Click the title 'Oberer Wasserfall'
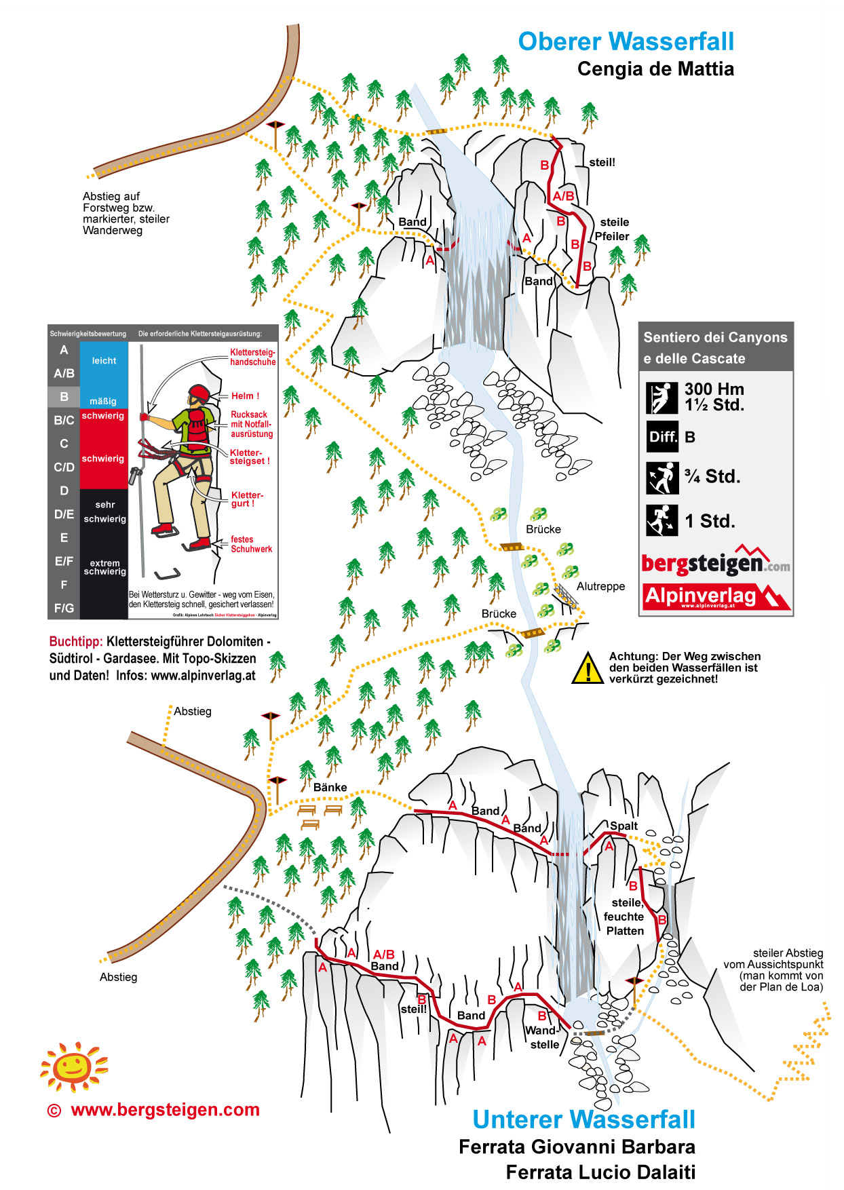coord(626,41)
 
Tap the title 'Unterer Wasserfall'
coord(583,1119)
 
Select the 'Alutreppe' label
coord(600,586)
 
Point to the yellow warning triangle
coord(588,669)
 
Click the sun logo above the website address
coord(73,1067)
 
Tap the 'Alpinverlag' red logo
coord(715,596)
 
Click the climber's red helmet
coord(199,393)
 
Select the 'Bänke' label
coord(330,787)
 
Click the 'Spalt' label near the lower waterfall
coord(624,826)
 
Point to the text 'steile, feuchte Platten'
coord(624,917)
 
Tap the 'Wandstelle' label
coord(543,1037)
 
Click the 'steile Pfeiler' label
coord(613,229)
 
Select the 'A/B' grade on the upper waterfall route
coord(563,196)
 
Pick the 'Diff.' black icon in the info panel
coord(661,437)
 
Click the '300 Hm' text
coord(714,389)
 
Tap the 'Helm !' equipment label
coord(245,396)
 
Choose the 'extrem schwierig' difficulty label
coord(104,567)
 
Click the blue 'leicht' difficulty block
coord(104,366)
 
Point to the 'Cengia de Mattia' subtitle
coord(655,69)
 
